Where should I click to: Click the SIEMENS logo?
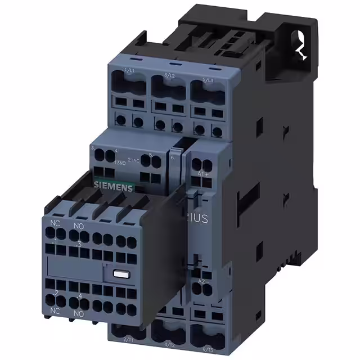(x=113, y=188)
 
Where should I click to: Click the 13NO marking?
(x=119, y=161)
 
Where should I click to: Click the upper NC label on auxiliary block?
(x=54, y=223)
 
